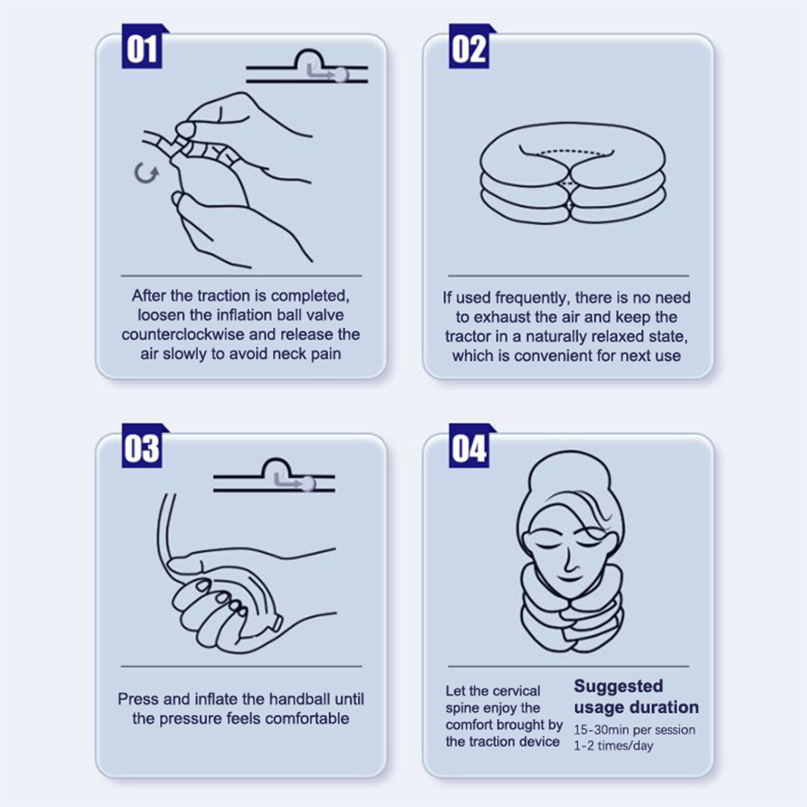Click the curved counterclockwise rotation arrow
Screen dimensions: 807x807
[146, 174]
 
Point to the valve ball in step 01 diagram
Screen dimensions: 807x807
[341, 75]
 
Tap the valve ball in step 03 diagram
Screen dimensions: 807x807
[308, 484]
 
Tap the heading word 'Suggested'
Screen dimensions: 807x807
[618, 686]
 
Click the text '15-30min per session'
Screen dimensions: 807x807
[635, 730]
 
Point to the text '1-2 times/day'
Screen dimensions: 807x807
[613, 746]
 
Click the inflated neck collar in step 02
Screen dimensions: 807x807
[572, 173]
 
